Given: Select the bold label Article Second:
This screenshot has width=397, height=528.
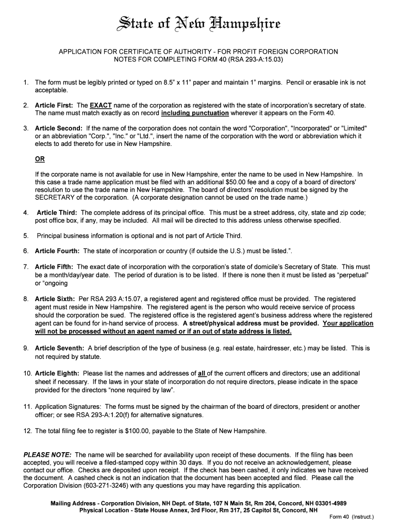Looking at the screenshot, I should pyautogui.click(x=59, y=128).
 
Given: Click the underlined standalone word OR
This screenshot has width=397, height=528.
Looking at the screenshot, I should pyautogui.click(x=40, y=159).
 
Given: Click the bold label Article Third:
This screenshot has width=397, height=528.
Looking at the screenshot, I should pyautogui.click(x=57, y=212).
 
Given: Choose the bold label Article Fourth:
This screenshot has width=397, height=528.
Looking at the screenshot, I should pyautogui.click(x=57, y=251).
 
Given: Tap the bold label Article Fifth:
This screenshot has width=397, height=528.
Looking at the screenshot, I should pyautogui.click(x=54, y=267).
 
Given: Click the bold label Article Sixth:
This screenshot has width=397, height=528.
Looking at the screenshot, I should pyautogui.click(x=55, y=299).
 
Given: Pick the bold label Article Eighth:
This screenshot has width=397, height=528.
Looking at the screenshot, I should pyautogui.click(x=57, y=373).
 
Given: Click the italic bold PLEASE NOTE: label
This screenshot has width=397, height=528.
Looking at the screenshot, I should pyautogui.click(x=48, y=455).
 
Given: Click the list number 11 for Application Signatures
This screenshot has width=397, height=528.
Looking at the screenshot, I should pyautogui.click(x=28, y=406).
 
